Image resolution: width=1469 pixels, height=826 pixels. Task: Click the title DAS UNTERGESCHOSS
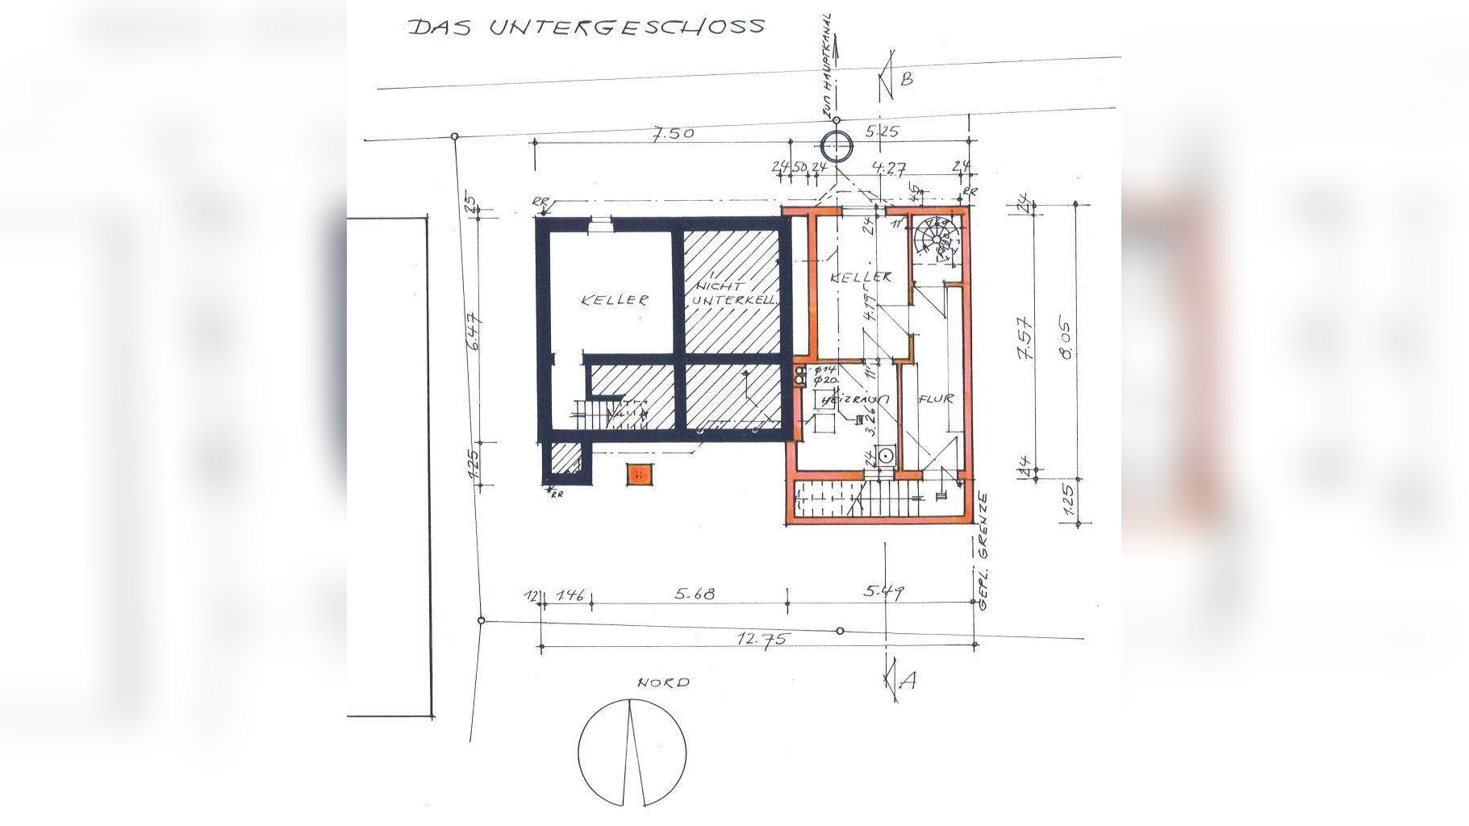586,26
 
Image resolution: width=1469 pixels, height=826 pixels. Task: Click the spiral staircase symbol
937,236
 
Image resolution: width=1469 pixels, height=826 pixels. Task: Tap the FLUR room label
935,398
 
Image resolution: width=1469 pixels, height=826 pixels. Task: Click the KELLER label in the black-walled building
615,300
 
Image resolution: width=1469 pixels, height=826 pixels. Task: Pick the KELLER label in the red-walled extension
862,277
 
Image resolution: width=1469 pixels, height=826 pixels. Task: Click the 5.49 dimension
884,591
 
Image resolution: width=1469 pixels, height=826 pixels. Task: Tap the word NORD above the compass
664,682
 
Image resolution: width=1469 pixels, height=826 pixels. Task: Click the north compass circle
632,752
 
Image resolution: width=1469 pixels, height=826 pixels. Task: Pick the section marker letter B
906,78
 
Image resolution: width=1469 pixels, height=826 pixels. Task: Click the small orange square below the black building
638,475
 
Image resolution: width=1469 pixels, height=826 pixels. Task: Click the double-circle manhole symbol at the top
836,147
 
